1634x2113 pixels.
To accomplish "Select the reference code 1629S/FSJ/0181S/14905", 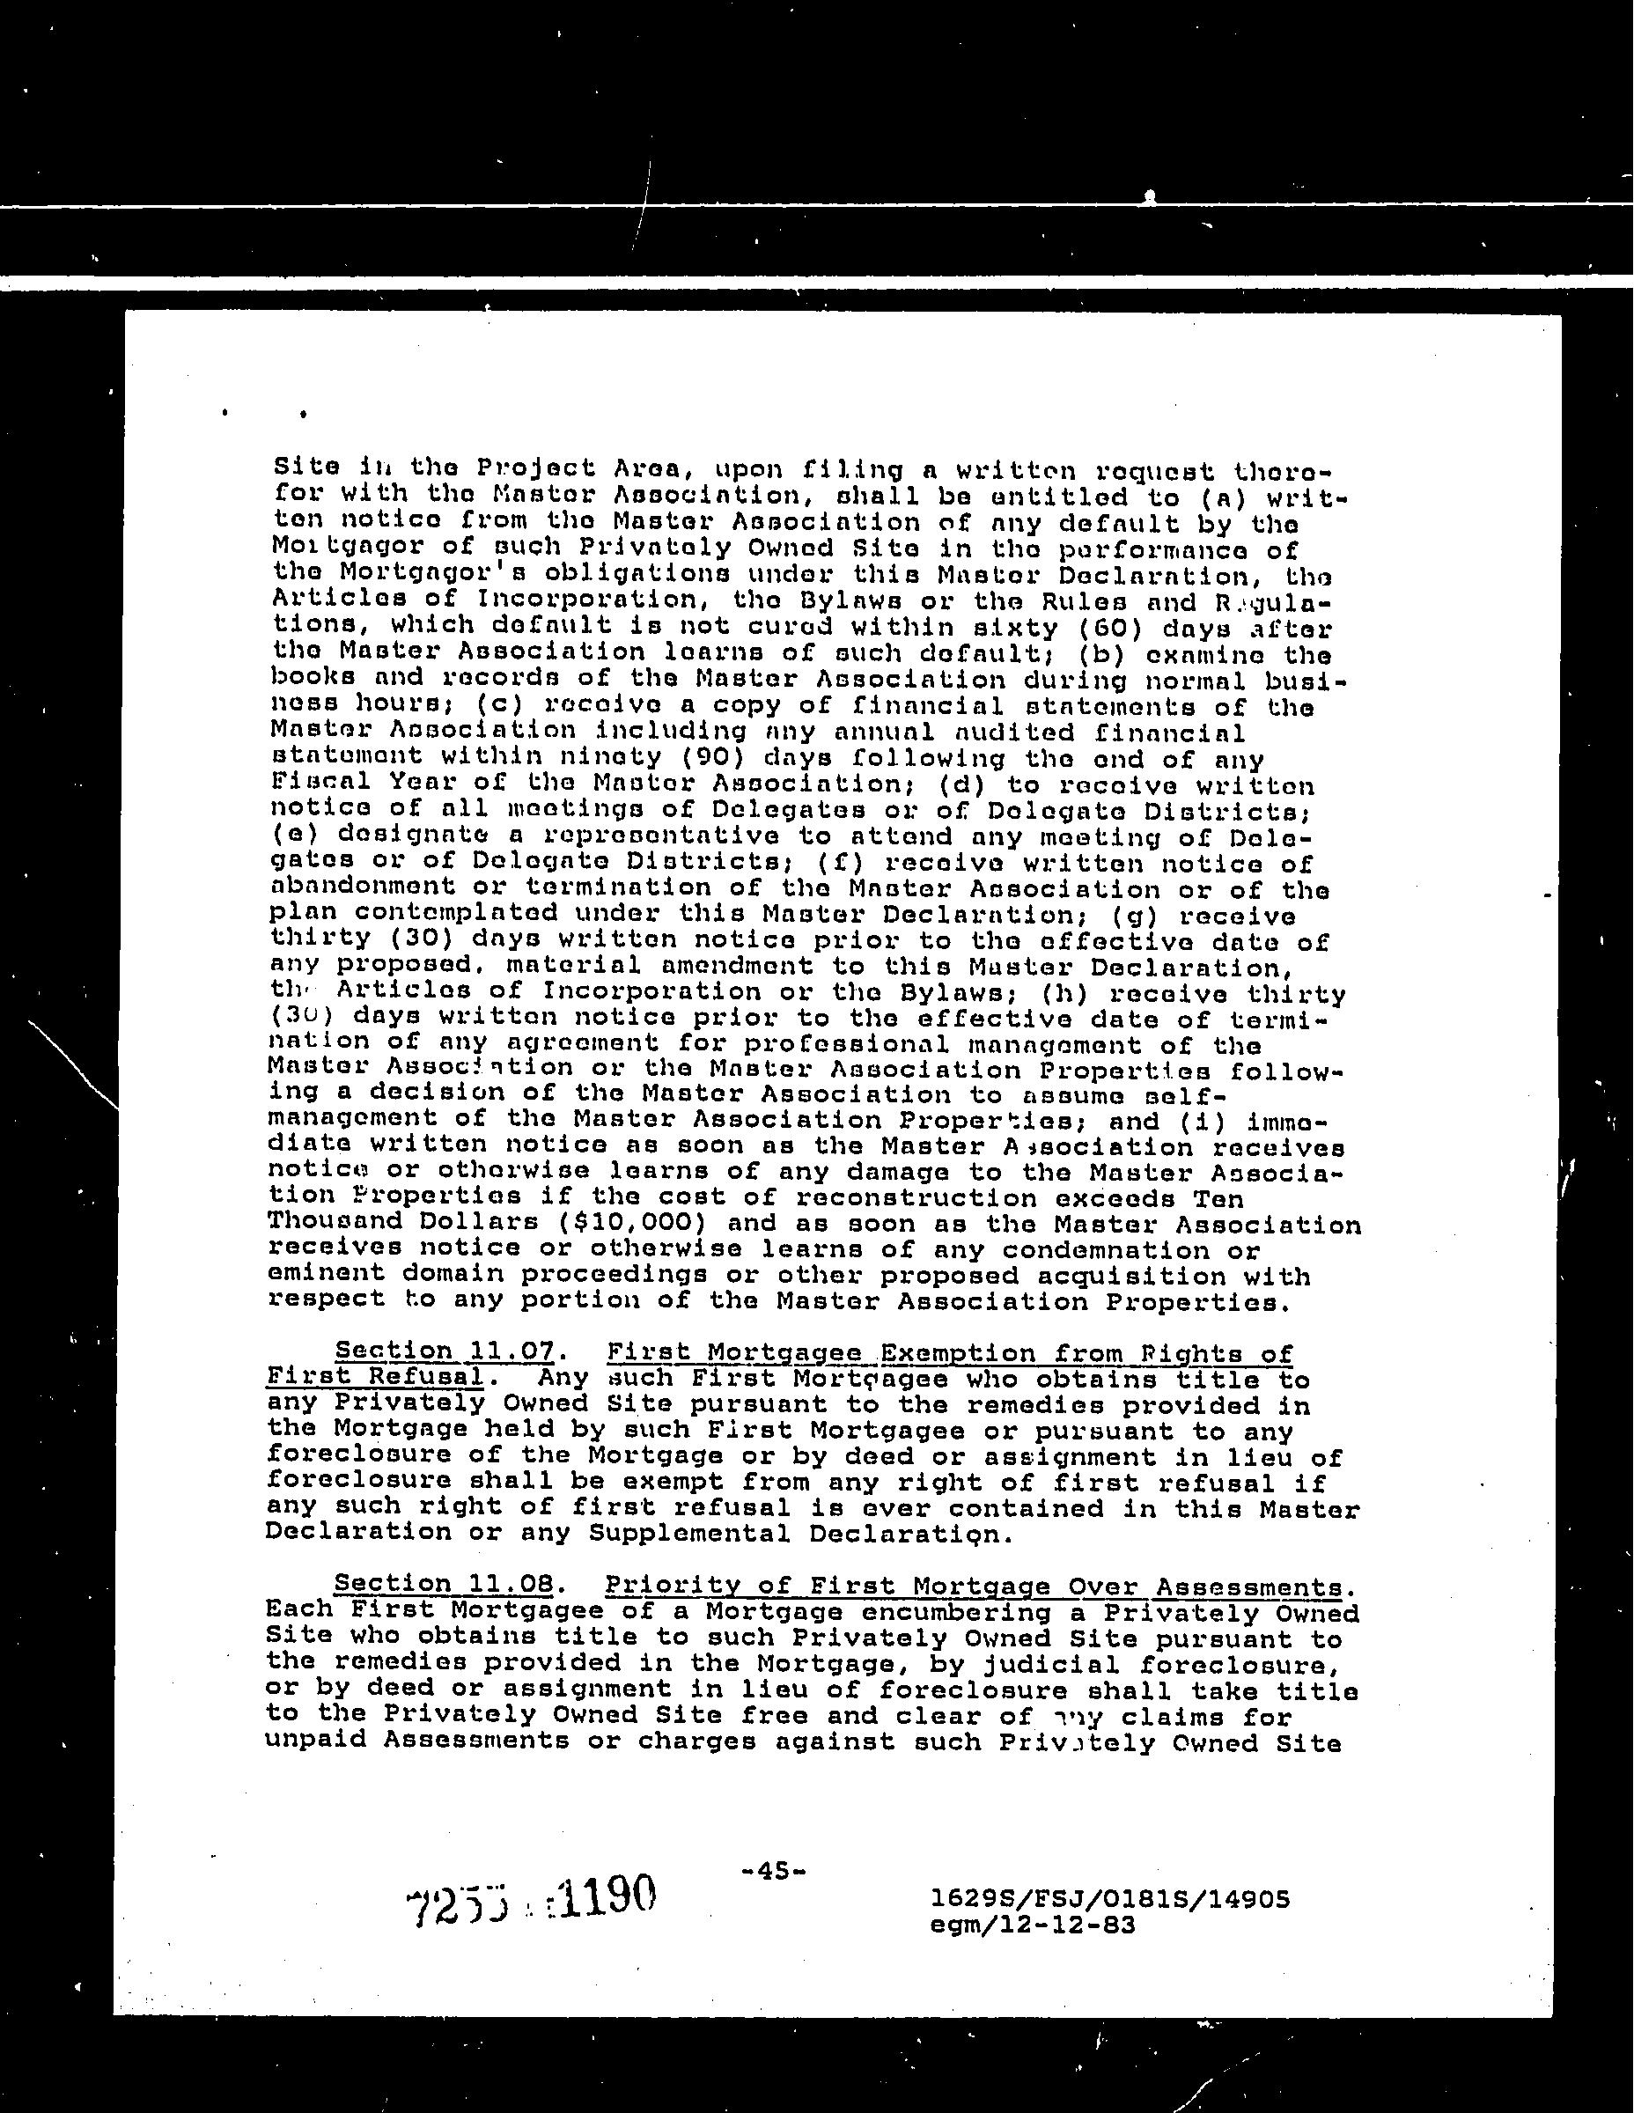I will (1108, 1899).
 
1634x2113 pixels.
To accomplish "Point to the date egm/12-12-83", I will (1031, 1925).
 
